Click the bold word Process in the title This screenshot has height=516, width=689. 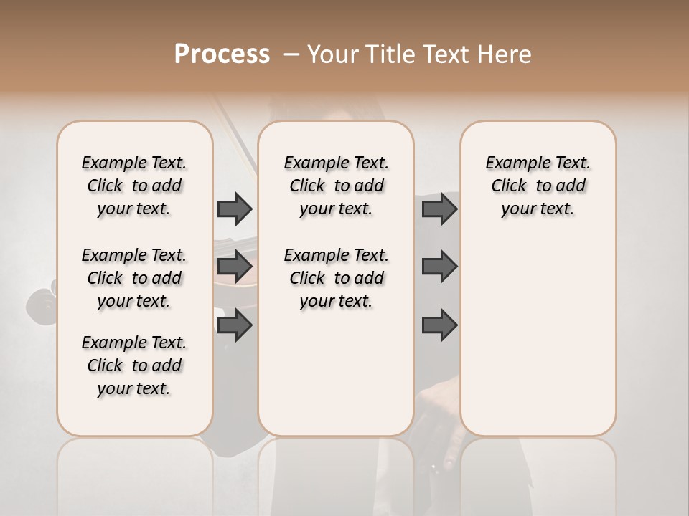[222, 54]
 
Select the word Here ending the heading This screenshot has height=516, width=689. [505, 54]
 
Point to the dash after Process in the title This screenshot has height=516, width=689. [291, 54]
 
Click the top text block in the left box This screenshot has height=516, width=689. [134, 186]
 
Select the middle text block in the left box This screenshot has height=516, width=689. [134, 278]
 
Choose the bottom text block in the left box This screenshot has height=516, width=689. [134, 365]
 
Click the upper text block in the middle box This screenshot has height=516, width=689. [336, 186]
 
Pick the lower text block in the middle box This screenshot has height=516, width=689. [336, 278]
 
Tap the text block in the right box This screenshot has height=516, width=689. [538, 186]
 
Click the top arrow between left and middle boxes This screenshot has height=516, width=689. [235, 209]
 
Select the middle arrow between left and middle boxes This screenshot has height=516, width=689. [235, 267]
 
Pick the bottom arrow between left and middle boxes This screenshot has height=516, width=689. [235, 325]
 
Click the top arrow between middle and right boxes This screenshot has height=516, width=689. [439, 209]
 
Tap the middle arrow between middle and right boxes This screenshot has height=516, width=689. [439, 267]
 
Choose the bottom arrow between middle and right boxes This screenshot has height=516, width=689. [439, 325]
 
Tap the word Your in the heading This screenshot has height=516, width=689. [332, 54]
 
